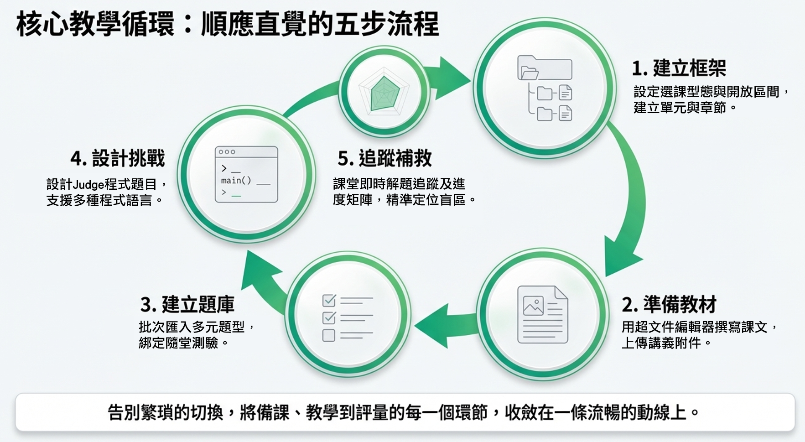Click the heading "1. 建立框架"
point(679,68)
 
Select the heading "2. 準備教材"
point(669,304)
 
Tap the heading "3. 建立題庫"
point(187,304)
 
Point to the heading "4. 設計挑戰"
point(117,158)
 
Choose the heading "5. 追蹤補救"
point(384,158)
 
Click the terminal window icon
point(246,174)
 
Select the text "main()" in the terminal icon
point(236,181)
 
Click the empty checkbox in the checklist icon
point(328,335)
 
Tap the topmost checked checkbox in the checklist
point(329,300)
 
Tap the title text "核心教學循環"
point(95,24)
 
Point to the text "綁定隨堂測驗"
point(178,343)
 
